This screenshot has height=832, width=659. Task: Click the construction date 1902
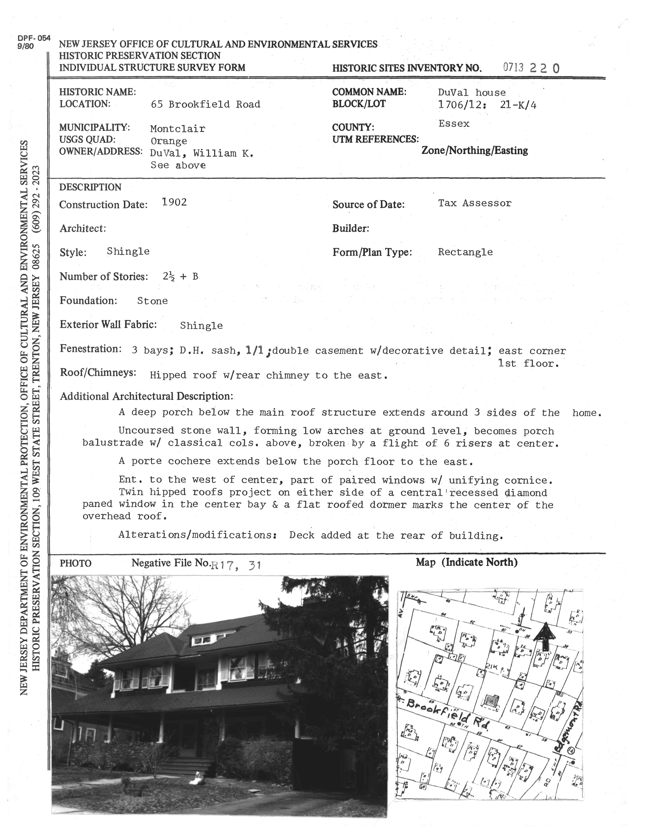174,202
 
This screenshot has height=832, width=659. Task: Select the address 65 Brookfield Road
206,105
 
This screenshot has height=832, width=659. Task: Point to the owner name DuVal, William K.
202,154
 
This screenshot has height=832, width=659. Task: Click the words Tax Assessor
474,203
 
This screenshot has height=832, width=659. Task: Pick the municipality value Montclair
177,129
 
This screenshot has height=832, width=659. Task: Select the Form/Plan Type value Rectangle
465,252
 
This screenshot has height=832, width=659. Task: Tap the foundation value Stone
152,301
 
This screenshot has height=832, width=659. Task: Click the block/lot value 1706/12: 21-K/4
487,105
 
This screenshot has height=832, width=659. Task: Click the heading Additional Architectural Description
146,396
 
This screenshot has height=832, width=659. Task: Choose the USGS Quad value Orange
169,141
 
